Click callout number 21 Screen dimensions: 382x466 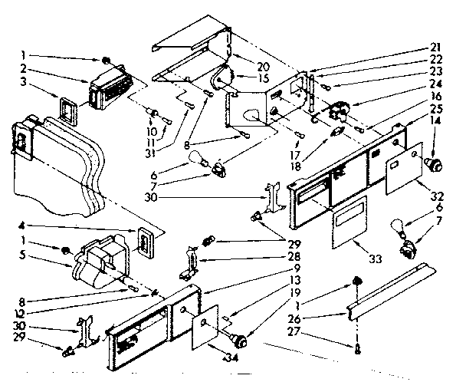tap(438, 48)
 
